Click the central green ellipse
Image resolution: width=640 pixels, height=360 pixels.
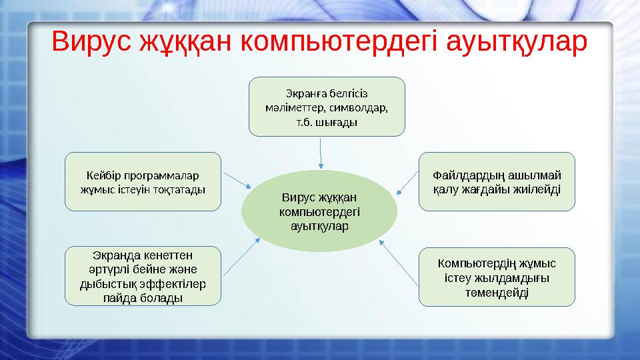click(319, 211)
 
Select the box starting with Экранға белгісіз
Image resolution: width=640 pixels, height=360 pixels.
click(327, 107)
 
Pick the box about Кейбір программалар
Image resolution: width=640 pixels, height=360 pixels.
click(143, 182)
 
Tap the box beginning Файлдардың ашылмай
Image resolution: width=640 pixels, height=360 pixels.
click(497, 182)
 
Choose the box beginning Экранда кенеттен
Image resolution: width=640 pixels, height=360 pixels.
click(143, 276)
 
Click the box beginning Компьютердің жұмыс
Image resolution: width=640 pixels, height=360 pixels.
click(497, 277)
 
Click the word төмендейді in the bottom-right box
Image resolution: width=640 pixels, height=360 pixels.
click(497, 293)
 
